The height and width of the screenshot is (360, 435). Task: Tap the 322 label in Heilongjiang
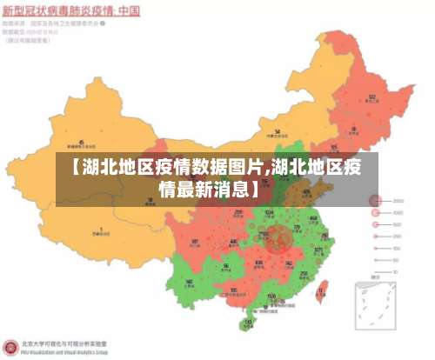pyautogui.click(x=371, y=97)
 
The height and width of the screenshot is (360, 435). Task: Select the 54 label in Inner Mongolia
pyautogui.click(x=277, y=133)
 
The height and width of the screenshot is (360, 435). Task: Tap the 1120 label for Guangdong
pyautogui.click(x=271, y=297)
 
